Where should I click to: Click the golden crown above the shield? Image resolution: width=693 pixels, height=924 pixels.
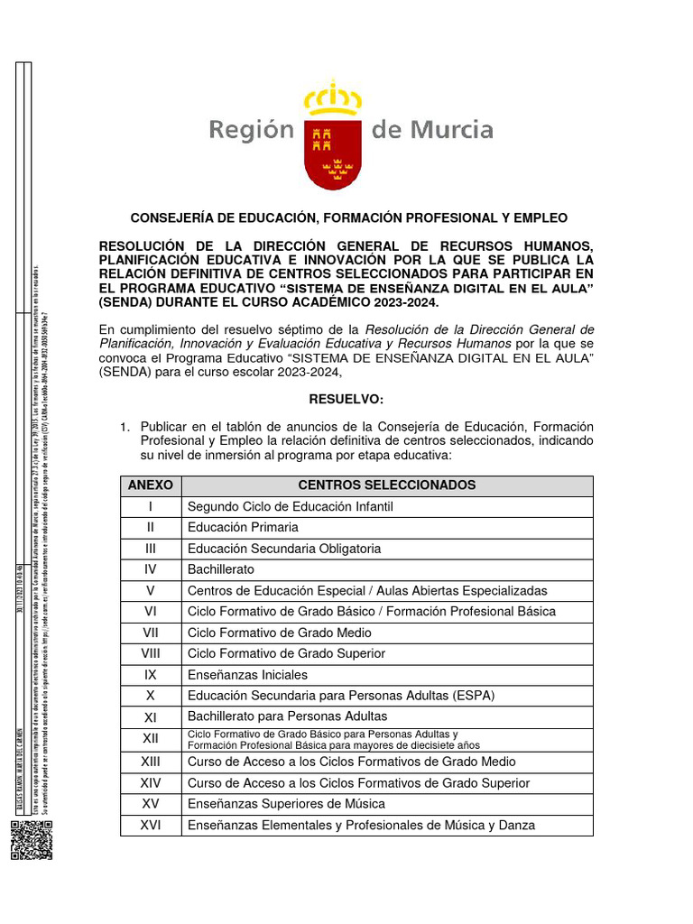pyautogui.click(x=333, y=97)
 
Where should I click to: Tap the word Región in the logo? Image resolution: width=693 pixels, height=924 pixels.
pyautogui.click(x=252, y=131)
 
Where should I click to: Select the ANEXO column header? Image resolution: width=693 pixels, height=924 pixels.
pyautogui.click(x=151, y=485)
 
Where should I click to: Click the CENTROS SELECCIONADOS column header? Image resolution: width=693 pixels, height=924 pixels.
pyautogui.click(x=387, y=485)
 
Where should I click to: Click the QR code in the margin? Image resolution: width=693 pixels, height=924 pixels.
pyautogui.click(x=27, y=841)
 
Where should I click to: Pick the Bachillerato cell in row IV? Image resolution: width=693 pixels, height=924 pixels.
pyautogui.click(x=221, y=569)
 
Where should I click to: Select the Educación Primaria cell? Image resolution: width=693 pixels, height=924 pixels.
pyautogui.click(x=243, y=527)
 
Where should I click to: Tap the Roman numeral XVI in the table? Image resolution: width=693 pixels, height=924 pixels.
pyautogui.click(x=151, y=825)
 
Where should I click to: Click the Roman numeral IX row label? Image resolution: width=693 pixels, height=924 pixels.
pyautogui.click(x=151, y=674)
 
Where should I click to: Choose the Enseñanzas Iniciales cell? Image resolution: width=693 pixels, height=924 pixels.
pyautogui.click(x=247, y=675)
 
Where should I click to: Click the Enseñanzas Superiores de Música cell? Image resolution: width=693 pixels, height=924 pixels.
pyautogui.click(x=286, y=803)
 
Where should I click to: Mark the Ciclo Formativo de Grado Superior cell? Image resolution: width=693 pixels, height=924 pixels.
pyautogui.click(x=286, y=653)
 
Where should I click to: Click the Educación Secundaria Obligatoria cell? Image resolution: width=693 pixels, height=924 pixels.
pyautogui.click(x=284, y=549)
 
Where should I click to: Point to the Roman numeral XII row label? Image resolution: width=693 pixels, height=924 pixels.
pyautogui.click(x=151, y=739)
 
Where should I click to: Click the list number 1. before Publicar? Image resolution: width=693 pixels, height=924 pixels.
pyautogui.click(x=126, y=426)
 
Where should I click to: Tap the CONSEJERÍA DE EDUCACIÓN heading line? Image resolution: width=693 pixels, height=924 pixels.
pyautogui.click(x=349, y=218)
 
